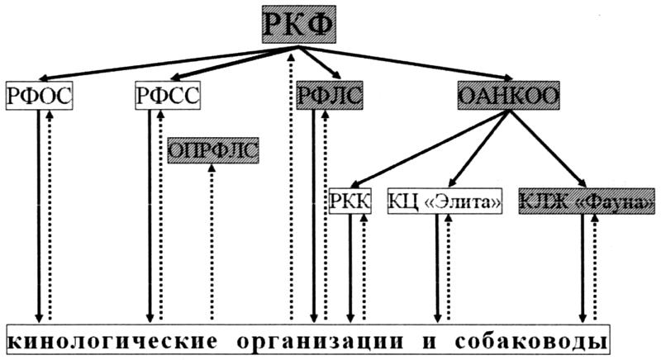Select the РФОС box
(39, 96)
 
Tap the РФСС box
(168, 96)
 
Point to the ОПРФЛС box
(213, 151)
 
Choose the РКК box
(350, 201)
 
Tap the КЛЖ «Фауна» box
(588, 201)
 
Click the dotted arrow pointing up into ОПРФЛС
(212, 239)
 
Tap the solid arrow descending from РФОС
(38, 215)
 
